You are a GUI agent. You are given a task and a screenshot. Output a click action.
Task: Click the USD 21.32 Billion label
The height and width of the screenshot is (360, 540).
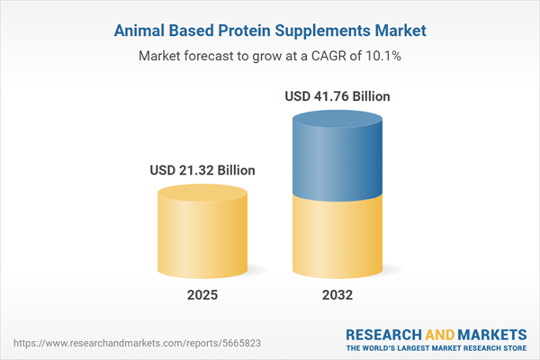click(202, 169)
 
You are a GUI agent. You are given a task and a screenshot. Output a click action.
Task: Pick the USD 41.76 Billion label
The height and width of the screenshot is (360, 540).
click(337, 95)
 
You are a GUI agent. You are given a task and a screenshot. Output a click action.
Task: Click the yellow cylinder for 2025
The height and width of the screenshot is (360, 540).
click(202, 238)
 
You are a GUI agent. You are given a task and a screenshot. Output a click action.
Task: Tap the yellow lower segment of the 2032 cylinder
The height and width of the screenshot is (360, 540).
click(337, 238)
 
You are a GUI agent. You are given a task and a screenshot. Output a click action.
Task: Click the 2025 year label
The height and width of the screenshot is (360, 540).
click(202, 295)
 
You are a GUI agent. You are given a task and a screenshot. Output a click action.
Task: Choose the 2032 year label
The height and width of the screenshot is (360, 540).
click(337, 295)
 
